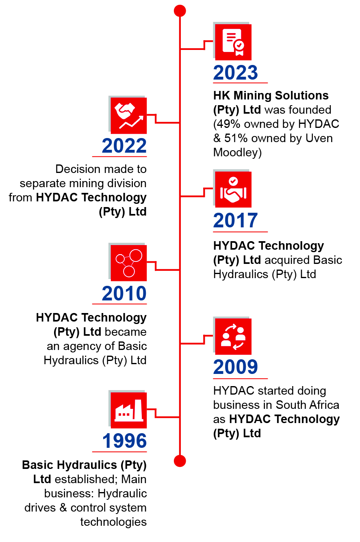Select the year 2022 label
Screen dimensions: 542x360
(124, 147)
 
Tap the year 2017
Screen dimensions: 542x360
(236, 221)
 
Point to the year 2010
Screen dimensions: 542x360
(124, 294)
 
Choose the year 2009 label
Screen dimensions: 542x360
(236, 367)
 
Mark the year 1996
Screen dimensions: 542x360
(124, 441)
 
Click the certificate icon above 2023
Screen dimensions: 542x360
(233, 42)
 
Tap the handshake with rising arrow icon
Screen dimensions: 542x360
(129, 116)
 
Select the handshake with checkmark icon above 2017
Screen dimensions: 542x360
(233, 190)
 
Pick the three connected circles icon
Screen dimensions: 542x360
(129, 263)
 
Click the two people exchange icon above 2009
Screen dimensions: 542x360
(233, 337)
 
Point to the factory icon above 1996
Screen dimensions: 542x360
(129, 410)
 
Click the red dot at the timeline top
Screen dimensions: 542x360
(180, 11)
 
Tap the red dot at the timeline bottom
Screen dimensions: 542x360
(180, 461)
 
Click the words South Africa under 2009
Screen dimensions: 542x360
(308, 405)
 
